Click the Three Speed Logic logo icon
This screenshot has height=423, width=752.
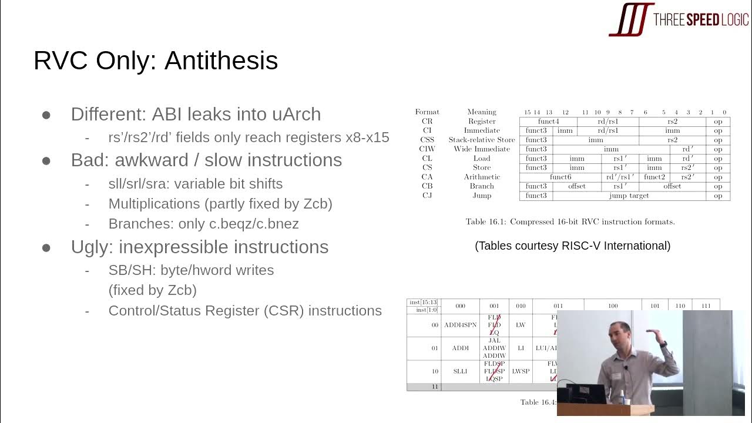click(x=631, y=19)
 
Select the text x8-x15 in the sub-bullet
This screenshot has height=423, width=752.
click(x=367, y=137)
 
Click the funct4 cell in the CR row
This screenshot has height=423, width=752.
click(x=548, y=122)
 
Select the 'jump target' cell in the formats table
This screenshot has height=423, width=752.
click(x=629, y=196)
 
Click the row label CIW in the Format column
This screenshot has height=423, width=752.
click(x=427, y=149)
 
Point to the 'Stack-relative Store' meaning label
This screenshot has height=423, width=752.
click(x=482, y=140)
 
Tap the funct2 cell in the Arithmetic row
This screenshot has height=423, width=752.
click(x=654, y=177)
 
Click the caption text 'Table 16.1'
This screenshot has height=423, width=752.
click(x=485, y=222)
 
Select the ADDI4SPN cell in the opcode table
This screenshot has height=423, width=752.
click(x=461, y=325)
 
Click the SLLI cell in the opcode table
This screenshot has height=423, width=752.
click(x=461, y=371)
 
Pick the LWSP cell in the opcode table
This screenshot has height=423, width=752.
click(x=521, y=371)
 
